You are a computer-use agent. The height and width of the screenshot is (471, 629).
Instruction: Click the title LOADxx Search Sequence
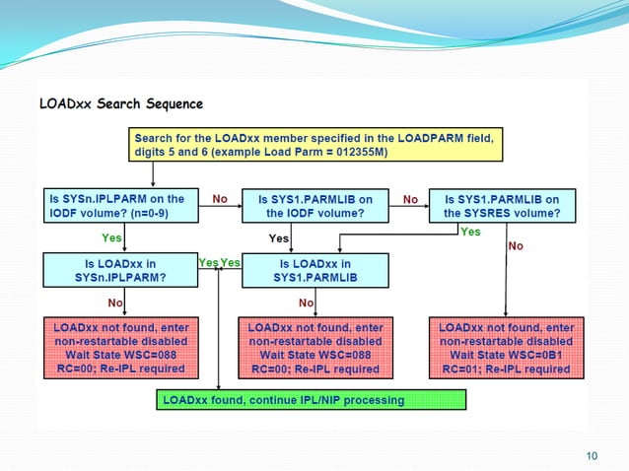click(x=121, y=103)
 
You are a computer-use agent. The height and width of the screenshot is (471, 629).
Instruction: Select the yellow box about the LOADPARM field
click(x=315, y=144)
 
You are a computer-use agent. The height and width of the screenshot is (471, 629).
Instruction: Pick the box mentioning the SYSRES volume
click(x=502, y=205)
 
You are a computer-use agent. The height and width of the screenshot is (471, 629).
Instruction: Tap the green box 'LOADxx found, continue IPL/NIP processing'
click(x=311, y=400)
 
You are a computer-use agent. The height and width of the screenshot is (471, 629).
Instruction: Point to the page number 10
click(x=592, y=454)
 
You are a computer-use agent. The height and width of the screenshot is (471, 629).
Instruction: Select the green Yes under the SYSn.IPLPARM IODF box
click(x=112, y=237)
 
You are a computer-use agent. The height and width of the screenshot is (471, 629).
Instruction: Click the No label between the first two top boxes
click(x=220, y=198)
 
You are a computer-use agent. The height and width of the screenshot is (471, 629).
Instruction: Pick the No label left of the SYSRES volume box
click(x=409, y=198)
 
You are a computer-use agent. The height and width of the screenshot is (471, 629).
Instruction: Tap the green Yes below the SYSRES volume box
click(x=471, y=232)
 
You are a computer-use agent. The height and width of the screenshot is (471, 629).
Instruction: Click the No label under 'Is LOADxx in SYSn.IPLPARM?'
click(x=115, y=303)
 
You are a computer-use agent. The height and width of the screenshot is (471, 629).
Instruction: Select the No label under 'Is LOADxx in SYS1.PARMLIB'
click(x=306, y=303)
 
